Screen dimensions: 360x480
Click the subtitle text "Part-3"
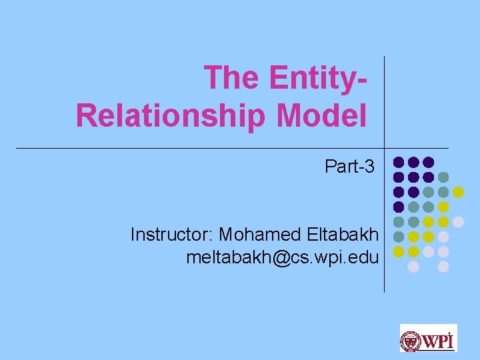click(x=350, y=166)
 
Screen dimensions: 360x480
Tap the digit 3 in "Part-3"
click(x=370, y=166)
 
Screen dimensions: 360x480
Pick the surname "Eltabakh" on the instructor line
click(x=344, y=235)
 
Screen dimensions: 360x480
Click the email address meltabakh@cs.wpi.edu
click(x=283, y=257)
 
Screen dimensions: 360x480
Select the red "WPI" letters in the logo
click(x=437, y=341)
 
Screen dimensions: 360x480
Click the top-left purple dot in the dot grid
click(x=399, y=162)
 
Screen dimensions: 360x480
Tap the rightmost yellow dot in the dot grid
click(x=458, y=192)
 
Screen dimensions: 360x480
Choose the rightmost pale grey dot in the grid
click(x=458, y=222)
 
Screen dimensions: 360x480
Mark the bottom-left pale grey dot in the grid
click(x=413, y=266)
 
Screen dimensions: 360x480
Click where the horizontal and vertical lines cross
click(x=385, y=148)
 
